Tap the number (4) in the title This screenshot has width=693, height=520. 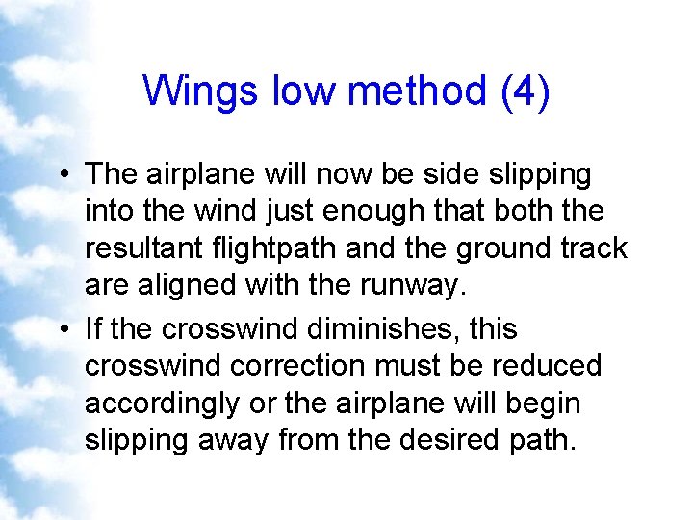[x=524, y=92]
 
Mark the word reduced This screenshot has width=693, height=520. [x=546, y=366]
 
